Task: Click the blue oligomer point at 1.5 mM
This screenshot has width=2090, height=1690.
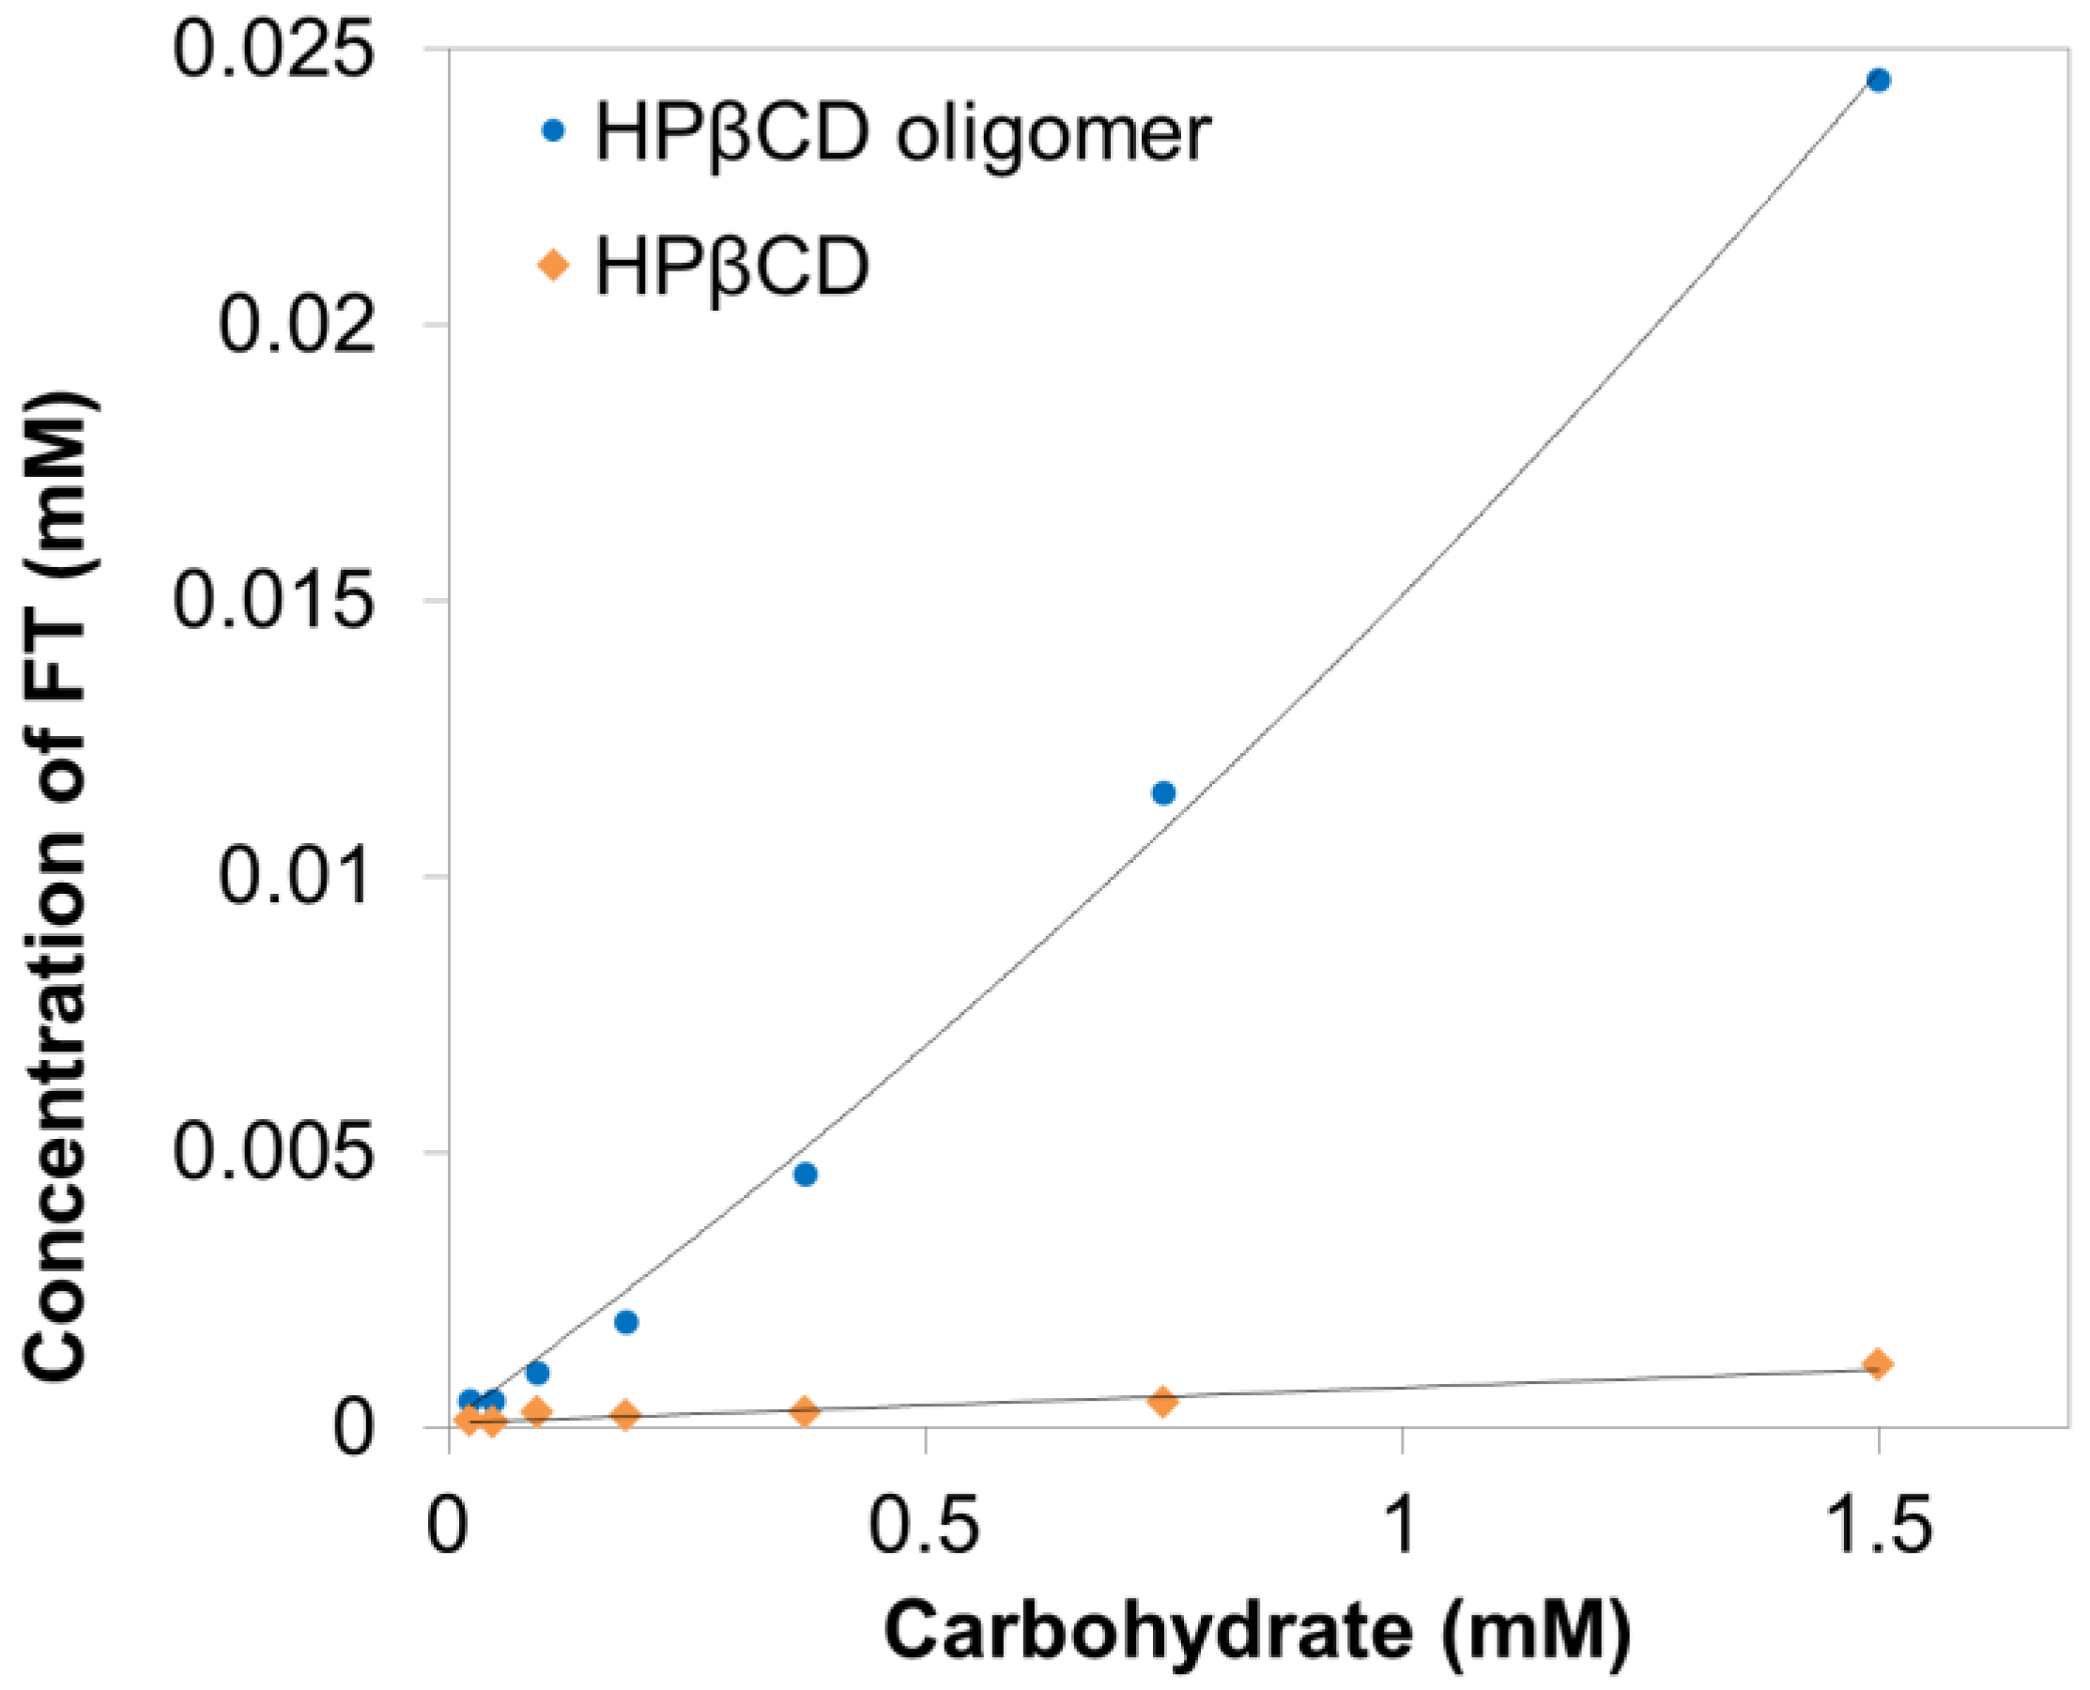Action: point(1878,80)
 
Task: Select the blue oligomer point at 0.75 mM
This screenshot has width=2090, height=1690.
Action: point(1163,792)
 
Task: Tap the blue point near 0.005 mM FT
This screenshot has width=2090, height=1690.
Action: point(805,1174)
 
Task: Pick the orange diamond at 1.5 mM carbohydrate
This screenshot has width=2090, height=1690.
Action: point(1878,1364)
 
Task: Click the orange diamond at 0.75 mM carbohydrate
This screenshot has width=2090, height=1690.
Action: point(1162,1401)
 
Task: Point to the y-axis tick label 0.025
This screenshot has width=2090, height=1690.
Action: point(272,49)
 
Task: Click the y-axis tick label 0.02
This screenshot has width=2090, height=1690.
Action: point(296,324)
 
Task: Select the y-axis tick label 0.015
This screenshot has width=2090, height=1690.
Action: point(272,600)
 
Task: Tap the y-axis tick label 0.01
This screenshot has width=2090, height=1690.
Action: point(296,875)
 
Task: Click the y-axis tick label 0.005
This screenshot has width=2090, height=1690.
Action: point(272,1152)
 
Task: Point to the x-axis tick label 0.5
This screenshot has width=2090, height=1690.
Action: point(923,1526)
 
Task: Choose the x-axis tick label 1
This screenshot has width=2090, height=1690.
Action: point(1400,1526)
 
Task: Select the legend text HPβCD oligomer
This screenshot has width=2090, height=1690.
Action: point(902,133)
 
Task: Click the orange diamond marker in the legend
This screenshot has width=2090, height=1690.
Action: point(553,265)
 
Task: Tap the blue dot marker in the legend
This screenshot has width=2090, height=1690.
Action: point(553,131)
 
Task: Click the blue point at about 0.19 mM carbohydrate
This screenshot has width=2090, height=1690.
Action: point(627,1322)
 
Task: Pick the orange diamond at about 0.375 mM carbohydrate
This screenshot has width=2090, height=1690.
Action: point(804,1410)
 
